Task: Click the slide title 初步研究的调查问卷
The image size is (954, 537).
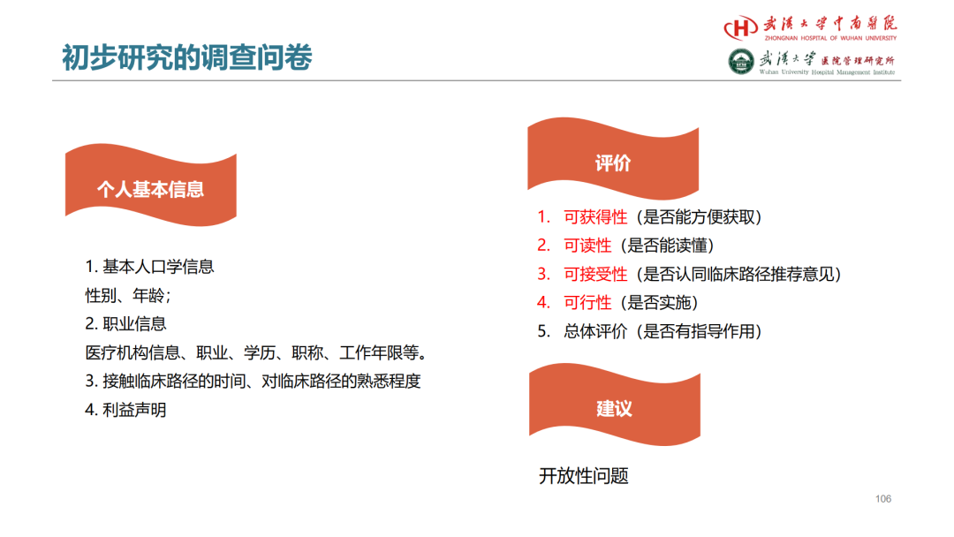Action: pos(186,57)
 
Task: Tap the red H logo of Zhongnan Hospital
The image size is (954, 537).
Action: pos(740,27)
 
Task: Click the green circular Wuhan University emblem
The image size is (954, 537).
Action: pos(741,62)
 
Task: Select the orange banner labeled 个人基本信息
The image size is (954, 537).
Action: pos(151,185)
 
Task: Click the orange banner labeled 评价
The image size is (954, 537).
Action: pos(613,159)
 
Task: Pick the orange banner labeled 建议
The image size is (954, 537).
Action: pos(615,405)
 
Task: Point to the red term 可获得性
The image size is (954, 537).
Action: pos(595,217)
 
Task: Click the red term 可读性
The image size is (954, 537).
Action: pos(587,246)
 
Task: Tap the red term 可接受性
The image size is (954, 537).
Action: pos(595,275)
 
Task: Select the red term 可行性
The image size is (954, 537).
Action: pos(587,303)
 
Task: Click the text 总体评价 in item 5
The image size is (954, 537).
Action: pos(595,331)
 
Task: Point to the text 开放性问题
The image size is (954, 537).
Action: pos(584,475)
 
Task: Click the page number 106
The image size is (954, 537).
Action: pos(883,499)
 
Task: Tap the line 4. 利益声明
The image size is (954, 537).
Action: pos(125,410)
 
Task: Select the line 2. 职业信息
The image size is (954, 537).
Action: pos(125,323)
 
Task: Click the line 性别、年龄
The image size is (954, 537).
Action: pos(128,296)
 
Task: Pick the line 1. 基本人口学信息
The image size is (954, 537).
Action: pos(149,267)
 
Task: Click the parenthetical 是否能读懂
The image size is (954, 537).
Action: pos(667,246)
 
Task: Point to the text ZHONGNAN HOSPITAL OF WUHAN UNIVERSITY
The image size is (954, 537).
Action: pos(830,38)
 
